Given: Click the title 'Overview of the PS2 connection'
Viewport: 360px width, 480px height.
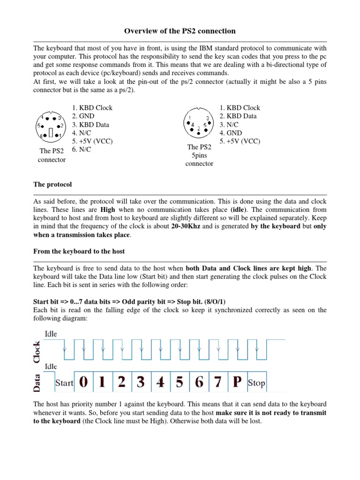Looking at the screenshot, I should coord(180,31).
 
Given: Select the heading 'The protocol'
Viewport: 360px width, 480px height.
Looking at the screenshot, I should coord(52,184).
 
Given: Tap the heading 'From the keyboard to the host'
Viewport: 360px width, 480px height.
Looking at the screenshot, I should coord(79,251).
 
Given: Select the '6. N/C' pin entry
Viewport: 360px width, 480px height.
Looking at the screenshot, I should coord(82,150).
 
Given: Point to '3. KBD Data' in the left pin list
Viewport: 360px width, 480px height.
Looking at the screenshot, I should coord(90,125).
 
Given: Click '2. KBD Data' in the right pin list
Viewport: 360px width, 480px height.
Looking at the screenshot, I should coord(238,116).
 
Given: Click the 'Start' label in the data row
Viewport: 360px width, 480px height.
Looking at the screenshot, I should coord(64,383).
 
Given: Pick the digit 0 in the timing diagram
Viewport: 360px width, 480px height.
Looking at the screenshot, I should coord(83,382).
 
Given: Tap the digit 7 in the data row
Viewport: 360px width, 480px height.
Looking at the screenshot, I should coord(217,382).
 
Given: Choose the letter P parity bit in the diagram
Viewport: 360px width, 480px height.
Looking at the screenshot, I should coord(236,382).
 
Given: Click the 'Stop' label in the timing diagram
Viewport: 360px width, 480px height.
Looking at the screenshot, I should coord(256,383).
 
